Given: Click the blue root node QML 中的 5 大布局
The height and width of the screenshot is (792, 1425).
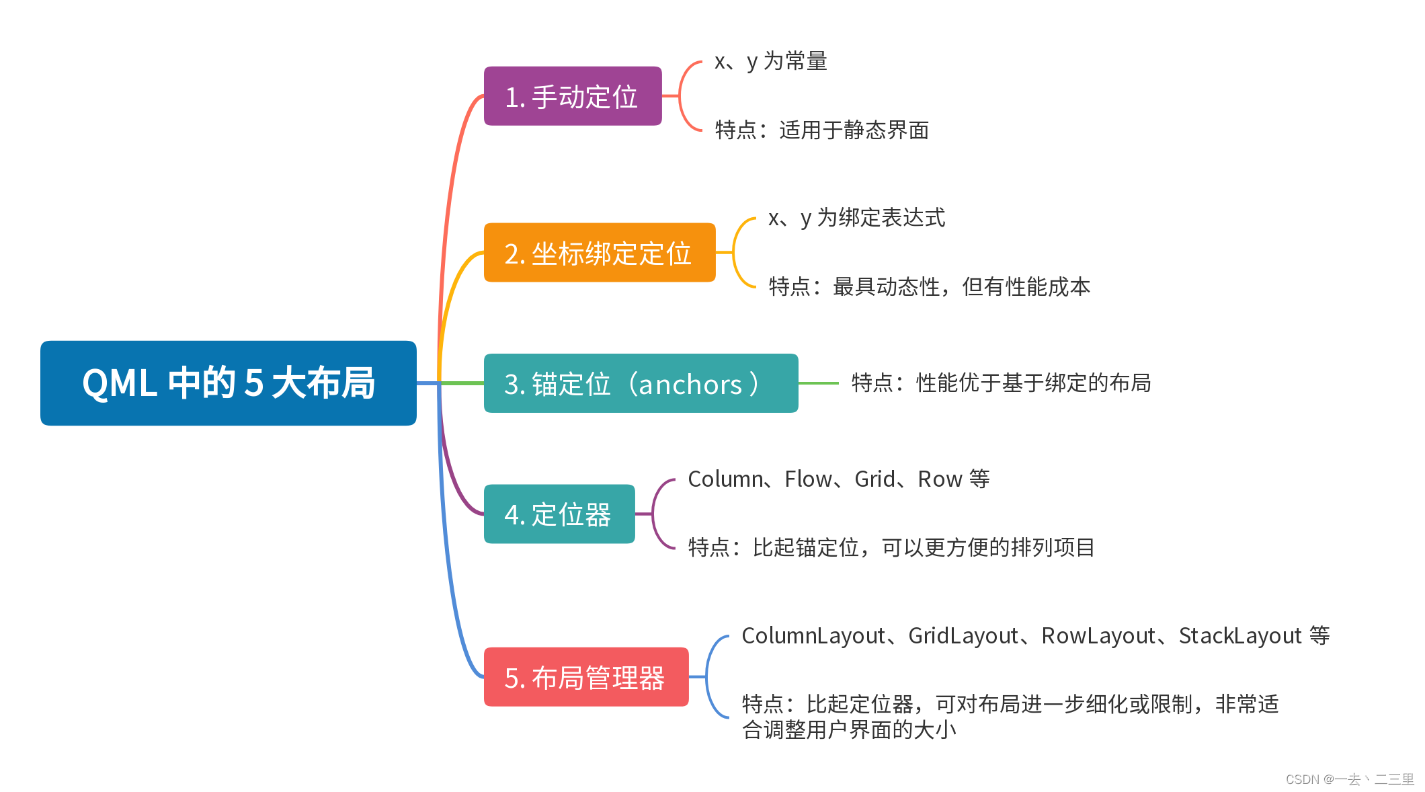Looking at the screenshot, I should (229, 383).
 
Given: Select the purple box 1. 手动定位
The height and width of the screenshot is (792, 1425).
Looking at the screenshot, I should (573, 96).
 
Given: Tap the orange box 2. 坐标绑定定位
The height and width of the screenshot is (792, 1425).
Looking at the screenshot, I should (600, 253).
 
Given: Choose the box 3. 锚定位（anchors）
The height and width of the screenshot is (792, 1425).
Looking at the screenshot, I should (641, 383).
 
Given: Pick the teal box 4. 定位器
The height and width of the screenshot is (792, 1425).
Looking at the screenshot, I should (559, 514).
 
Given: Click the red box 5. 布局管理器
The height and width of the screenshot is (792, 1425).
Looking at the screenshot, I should (586, 677).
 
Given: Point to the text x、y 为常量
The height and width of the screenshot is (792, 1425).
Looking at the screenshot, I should (770, 61).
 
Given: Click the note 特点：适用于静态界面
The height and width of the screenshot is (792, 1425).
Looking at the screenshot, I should (821, 130).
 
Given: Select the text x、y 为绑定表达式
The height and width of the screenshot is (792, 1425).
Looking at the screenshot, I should (856, 218).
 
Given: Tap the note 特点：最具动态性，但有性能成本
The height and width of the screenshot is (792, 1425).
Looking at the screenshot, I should (929, 287).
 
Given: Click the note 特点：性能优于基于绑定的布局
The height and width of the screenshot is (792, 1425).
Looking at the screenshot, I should (1001, 383).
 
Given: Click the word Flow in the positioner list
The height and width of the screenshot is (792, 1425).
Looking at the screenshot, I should (808, 479).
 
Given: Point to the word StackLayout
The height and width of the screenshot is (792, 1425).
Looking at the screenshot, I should (1240, 636).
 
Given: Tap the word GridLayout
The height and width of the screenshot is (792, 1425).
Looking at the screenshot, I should (963, 636).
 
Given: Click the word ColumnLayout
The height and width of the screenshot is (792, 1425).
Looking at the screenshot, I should (813, 636).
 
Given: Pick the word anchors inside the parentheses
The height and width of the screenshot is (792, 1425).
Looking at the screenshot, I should (690, 385).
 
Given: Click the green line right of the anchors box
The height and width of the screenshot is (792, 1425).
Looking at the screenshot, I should (819, 383).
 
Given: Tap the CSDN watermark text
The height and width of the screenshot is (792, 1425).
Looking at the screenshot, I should (1350, 779).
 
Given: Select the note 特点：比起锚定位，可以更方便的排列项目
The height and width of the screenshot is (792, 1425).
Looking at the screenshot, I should (891, 548).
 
